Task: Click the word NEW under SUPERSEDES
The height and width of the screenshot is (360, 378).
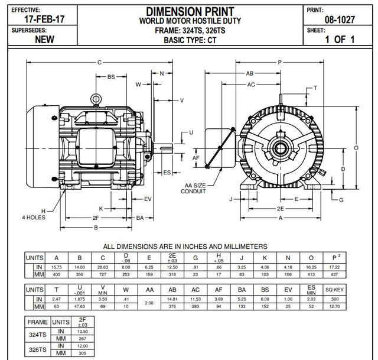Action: pyautogui.click(x=45, y=40)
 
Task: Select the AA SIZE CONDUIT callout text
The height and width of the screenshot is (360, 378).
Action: pyautogui.click(x=193, y=188)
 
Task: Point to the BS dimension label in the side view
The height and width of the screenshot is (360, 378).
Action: pyautogui.click(x=111, y=76)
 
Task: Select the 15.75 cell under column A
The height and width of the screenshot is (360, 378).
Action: pyautogui.click(x=57, y=267)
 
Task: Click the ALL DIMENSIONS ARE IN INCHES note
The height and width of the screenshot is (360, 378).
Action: pyautogui.click(x=185, y=247)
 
